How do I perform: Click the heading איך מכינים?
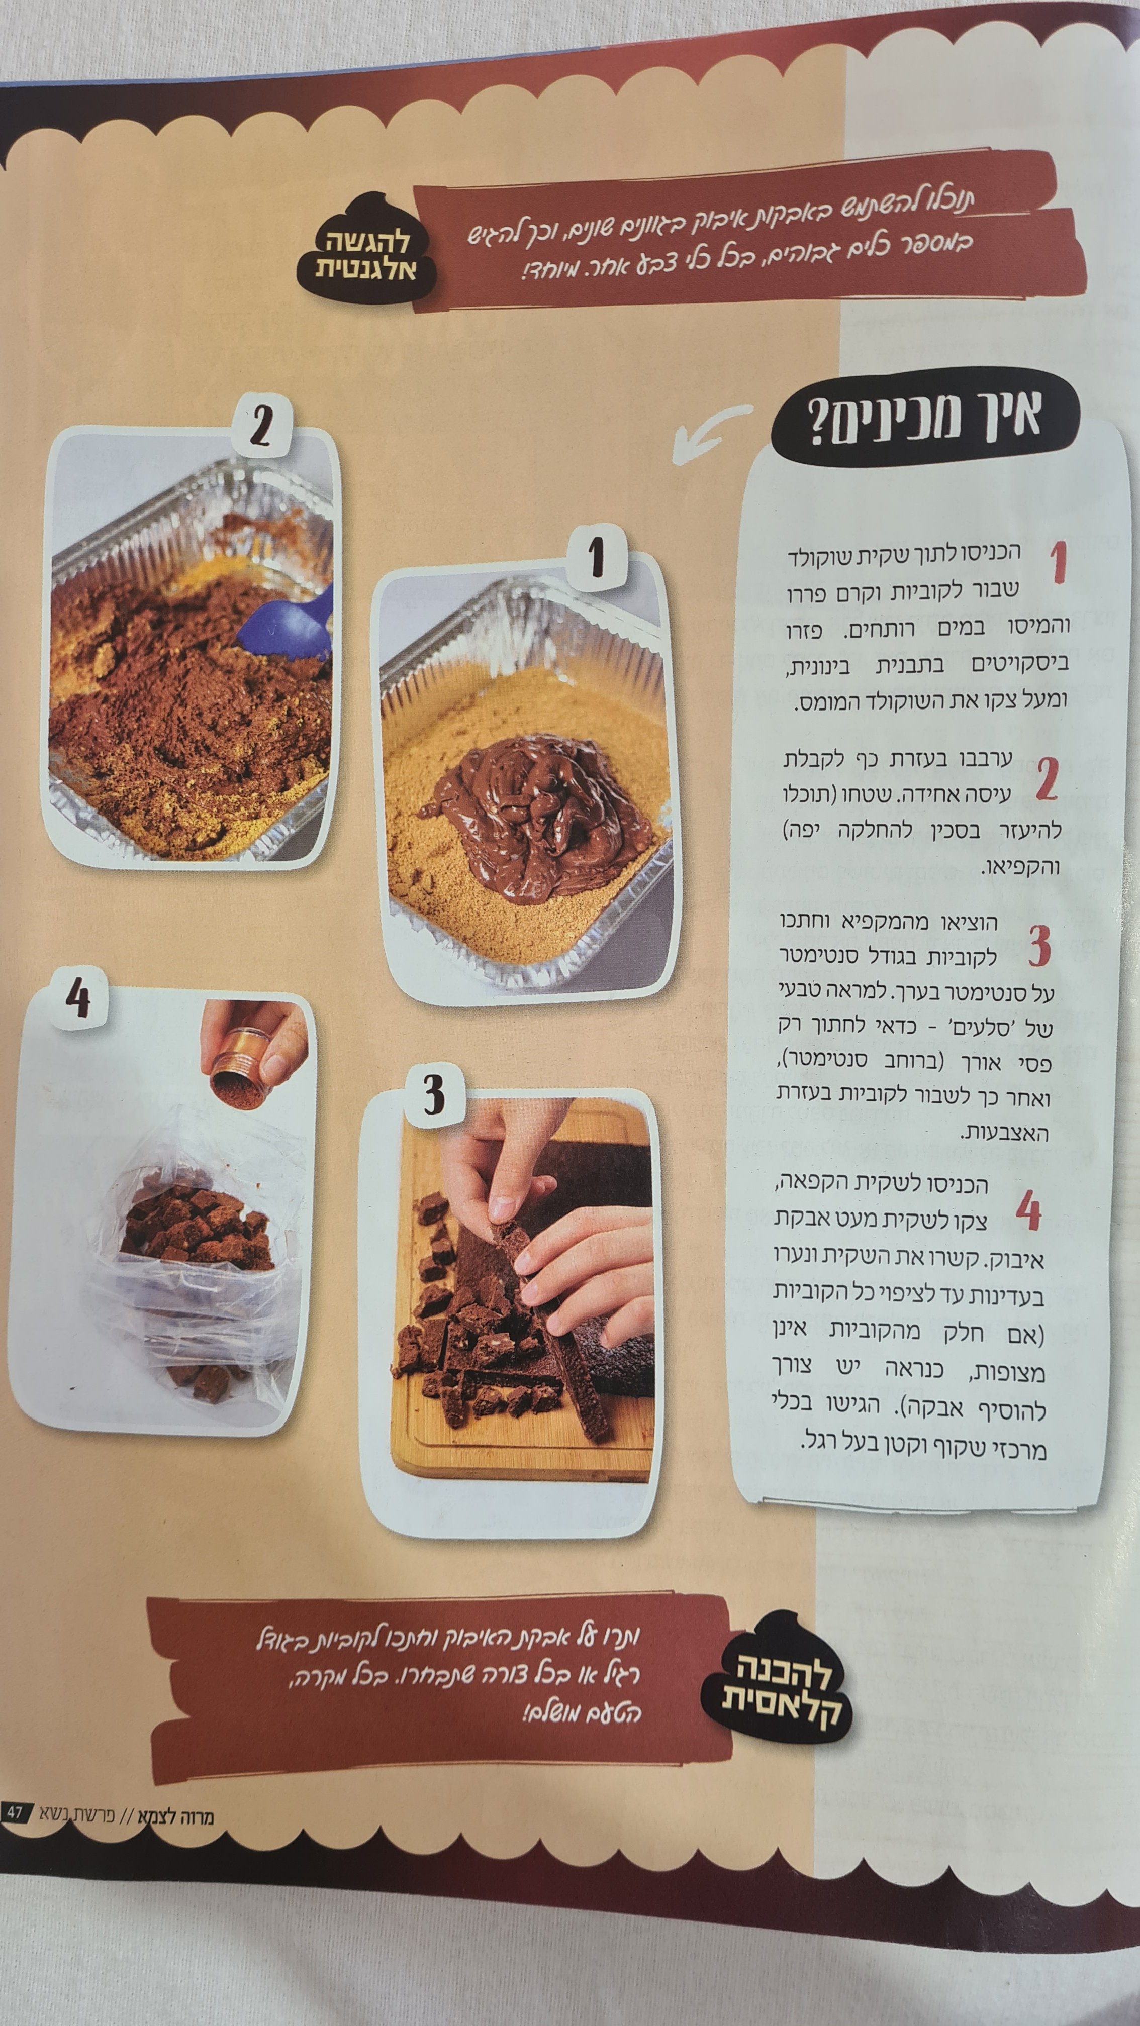point(924,417)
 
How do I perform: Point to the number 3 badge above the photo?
point(433,1094)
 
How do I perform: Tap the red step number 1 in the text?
point(1059,562)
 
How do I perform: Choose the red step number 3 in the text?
point(1038,946)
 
